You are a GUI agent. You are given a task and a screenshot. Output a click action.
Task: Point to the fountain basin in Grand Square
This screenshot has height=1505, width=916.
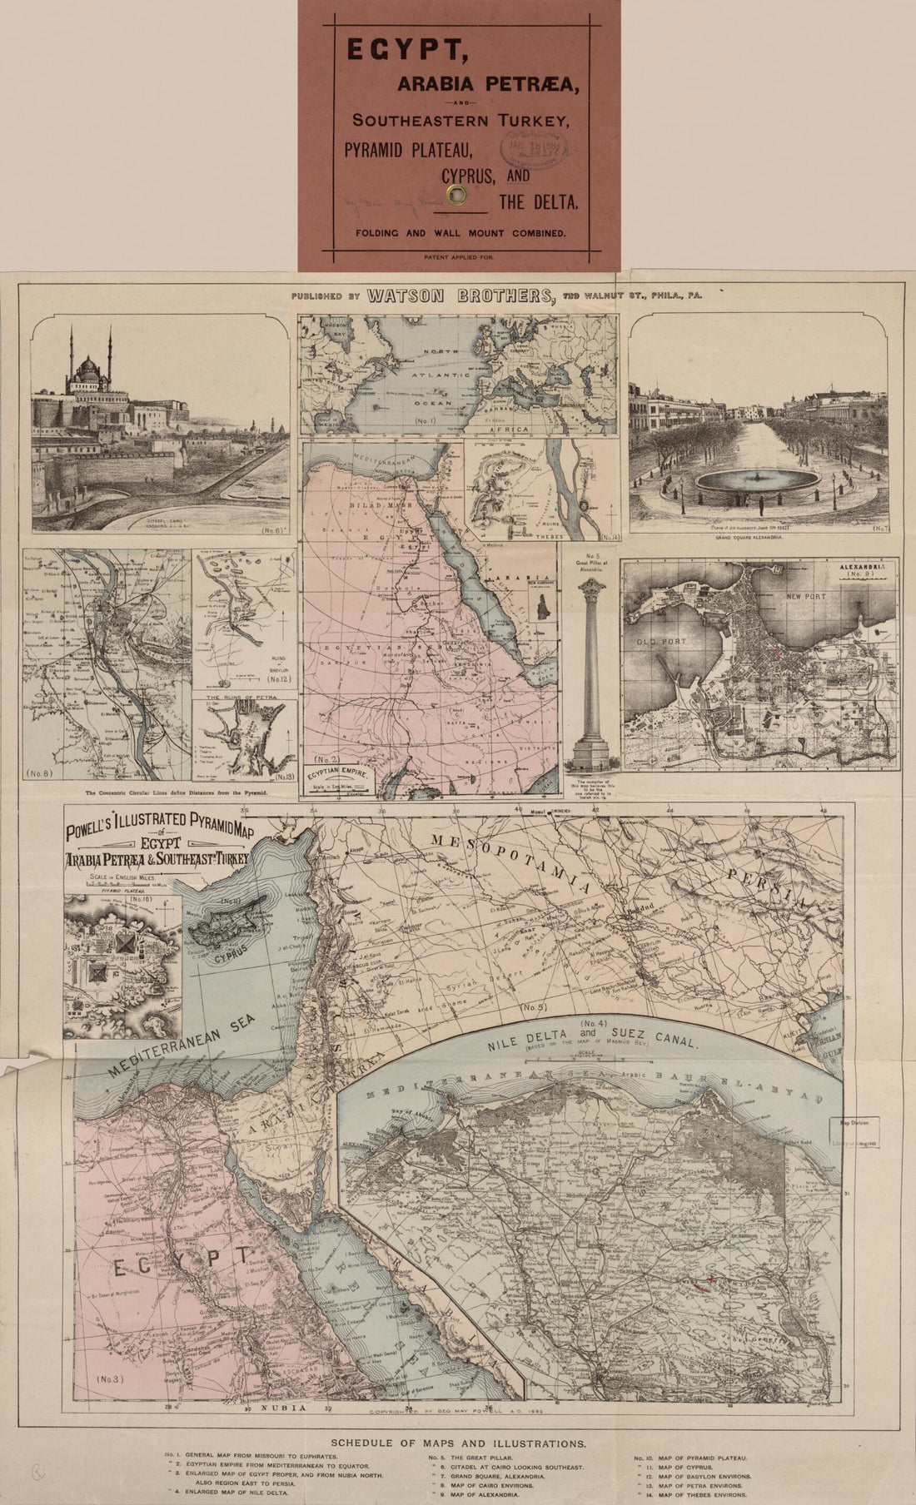point(757,482)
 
